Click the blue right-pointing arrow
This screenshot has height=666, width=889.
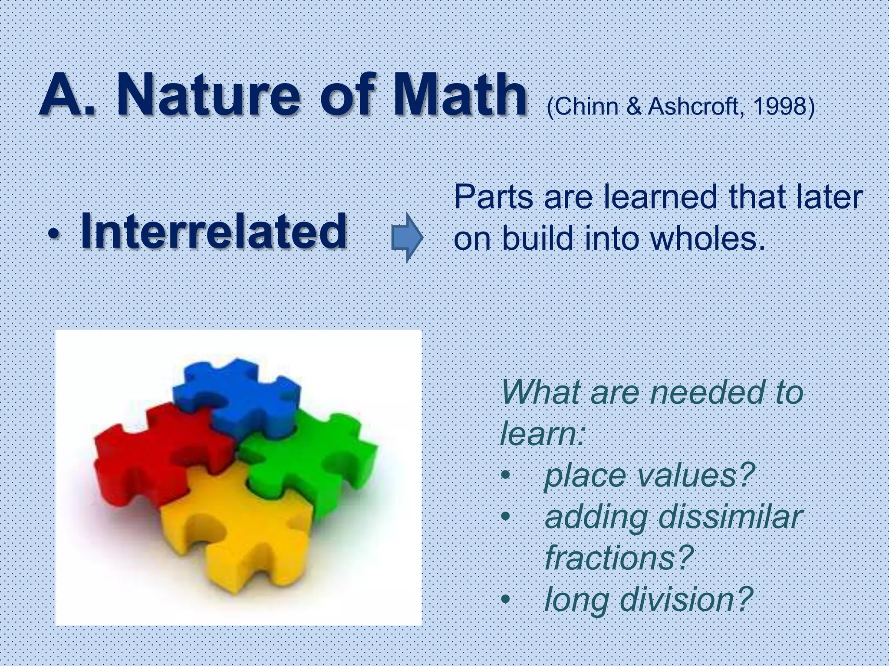point(407,237)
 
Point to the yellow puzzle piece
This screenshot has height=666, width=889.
point(234,533)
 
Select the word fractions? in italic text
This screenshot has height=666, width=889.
point(619,558)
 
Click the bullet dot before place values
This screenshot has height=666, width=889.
point(505,476)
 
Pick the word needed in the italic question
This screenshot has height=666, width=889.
point(706,393)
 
